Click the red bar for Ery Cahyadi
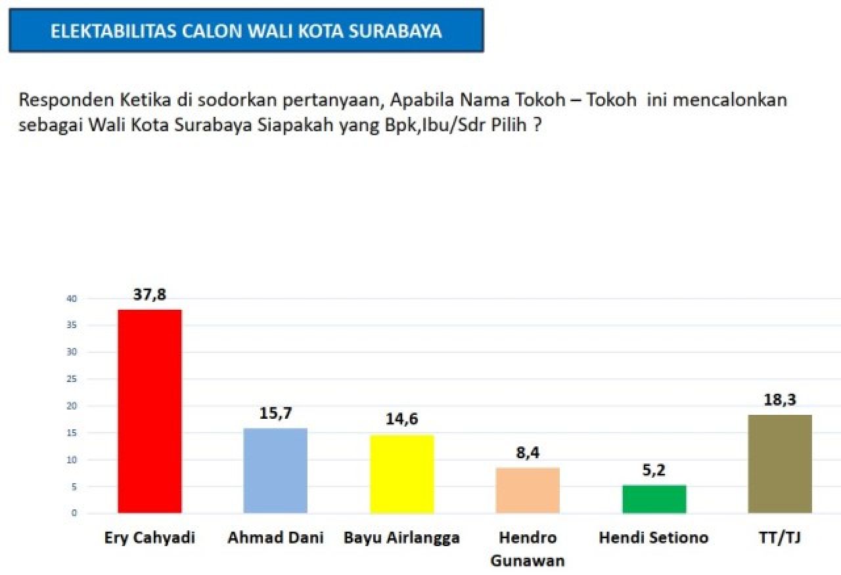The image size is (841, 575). click(149, 411)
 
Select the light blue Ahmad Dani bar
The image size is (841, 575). click(275, 470)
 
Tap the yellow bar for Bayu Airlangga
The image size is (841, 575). click(401, 473)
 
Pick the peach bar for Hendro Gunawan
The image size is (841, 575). click(528, 490)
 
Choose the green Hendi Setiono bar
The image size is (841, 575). click(654, 499)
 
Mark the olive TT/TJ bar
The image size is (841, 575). click(780, 463)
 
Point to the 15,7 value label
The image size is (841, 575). click(275, 414)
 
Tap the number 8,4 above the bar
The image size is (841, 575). click(528, 453)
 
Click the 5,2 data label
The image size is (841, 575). click(654, 471)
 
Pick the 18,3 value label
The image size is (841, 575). click(780, 400)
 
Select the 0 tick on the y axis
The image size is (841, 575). click(74, 513)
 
